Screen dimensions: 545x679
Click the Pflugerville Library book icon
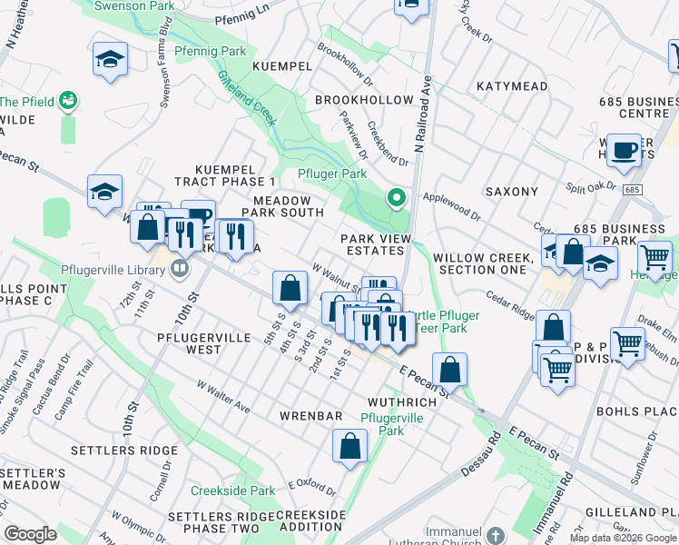click(x=180, y=268)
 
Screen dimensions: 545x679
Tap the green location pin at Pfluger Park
click(x=396, y=196)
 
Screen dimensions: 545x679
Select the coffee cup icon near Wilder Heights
click(x=624, y=151)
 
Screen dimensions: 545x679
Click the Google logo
click(x=30, y=534)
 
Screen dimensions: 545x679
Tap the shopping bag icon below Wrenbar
click(x=349, y=447)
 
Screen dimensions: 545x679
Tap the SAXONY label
click(x=512, y=192)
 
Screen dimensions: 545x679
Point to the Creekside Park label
click(x=232, y=490)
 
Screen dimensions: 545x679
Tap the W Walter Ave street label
click(x=224, y=396)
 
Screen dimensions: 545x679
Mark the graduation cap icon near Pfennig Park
click(x=110, y=59)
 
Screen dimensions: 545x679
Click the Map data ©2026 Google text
click(x=623, y=538)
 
